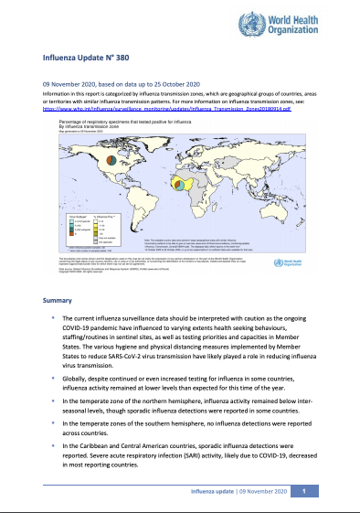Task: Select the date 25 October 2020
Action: (x=162, y=81)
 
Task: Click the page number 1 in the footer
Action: (x=304, y=492)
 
